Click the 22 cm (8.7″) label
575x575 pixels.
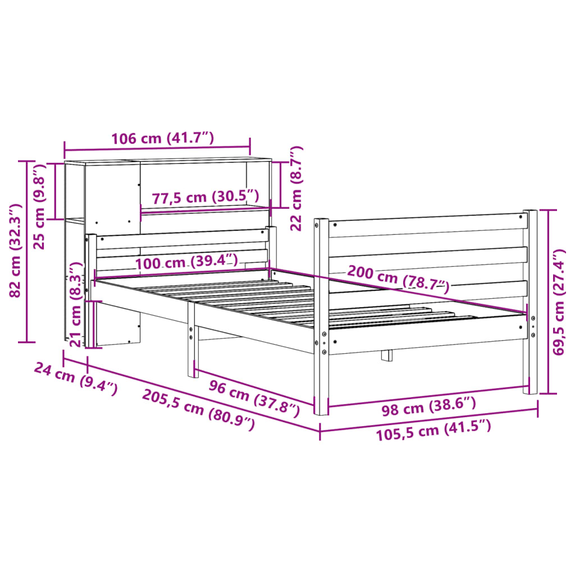coord(296,189)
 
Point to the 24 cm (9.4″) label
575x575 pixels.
coord(76,378)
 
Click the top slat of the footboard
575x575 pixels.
coord(427,225)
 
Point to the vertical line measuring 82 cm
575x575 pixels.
coord(26,251)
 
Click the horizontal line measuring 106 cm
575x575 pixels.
coord(157,150)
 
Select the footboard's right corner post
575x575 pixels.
coord(530,303)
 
